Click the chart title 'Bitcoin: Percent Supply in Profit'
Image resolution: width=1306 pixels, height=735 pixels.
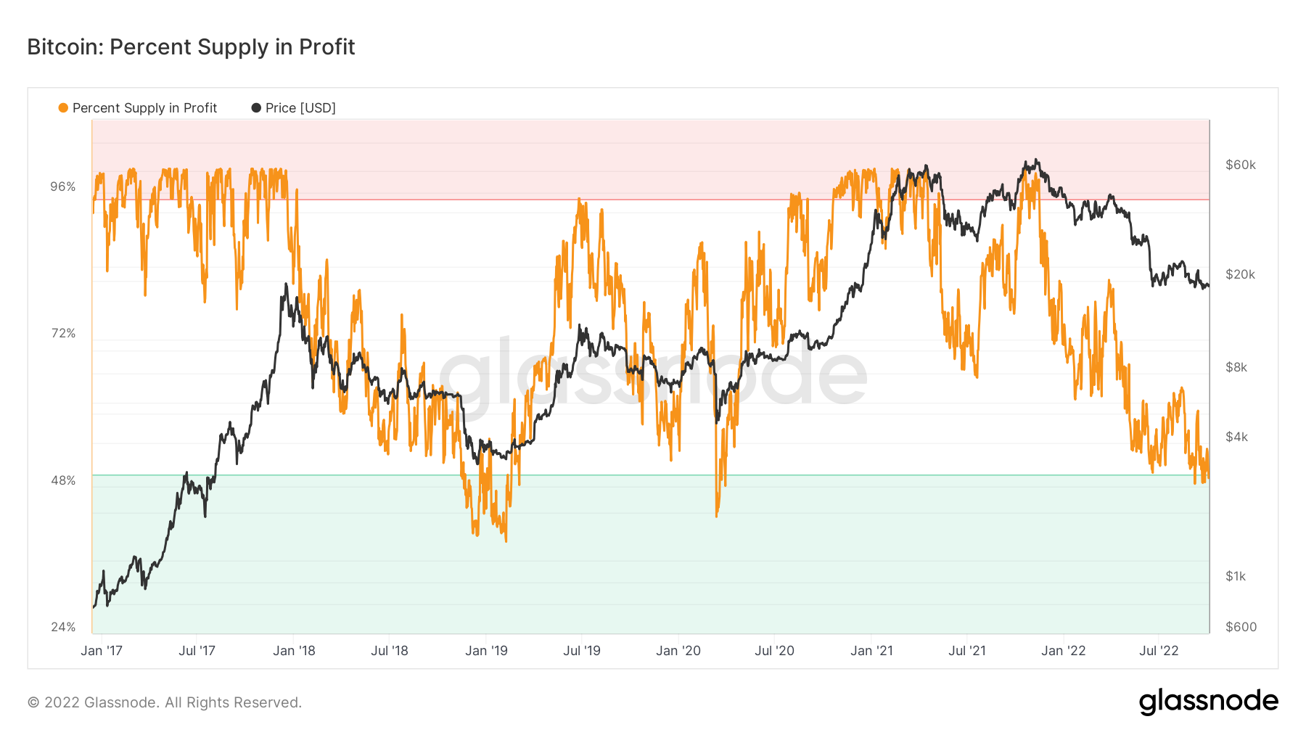coord(191,47)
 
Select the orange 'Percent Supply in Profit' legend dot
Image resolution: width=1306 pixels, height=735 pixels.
coord(63,108)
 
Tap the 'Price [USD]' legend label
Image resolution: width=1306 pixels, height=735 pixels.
coord(300,108)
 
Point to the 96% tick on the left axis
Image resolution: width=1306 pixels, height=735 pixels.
coord(63,186)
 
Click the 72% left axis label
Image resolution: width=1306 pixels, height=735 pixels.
coord(63,333)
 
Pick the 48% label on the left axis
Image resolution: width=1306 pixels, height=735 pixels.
coord(63,480)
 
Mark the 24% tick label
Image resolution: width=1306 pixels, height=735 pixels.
coord(63,627)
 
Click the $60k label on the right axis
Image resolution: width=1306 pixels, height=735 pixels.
coord(1240,165)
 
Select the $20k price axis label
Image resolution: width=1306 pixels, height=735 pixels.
coord(1240,274)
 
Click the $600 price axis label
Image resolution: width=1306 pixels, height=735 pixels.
coord(1241,627)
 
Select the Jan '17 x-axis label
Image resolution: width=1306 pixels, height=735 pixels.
coord(102,651)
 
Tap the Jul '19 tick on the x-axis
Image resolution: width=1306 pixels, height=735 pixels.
coord(582,651)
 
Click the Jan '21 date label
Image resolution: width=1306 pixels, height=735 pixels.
coord(871,651)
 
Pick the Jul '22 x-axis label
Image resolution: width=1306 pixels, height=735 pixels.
coord(1159,651)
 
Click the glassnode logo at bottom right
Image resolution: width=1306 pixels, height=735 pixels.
coord(1208,702)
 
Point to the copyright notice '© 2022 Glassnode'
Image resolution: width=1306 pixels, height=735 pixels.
coord(164,702)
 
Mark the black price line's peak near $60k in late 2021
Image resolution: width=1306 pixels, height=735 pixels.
coord(1037,160)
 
